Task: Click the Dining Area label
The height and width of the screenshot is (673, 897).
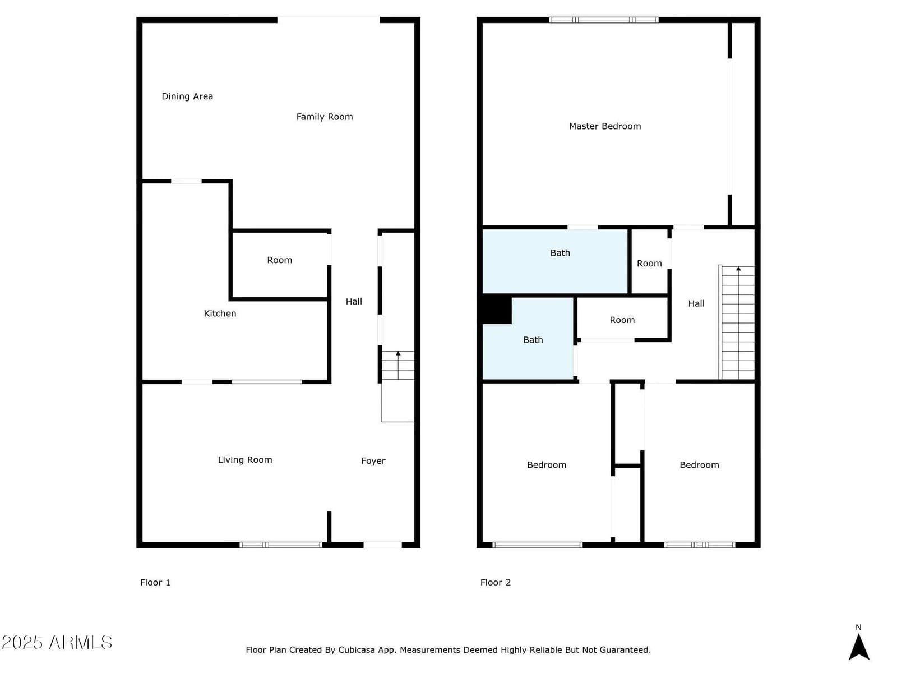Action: point(187,96)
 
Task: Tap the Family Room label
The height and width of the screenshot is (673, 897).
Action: point(325,117)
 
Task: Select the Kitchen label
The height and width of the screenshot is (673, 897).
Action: point(220,314)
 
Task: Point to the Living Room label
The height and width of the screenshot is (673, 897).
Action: point(245,460)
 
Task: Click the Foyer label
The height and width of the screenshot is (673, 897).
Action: point(373,461)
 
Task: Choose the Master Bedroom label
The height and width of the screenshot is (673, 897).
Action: point(605,126)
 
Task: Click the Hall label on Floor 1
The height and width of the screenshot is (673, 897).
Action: point(354,302)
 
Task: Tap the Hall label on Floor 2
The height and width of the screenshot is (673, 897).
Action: point(696,303)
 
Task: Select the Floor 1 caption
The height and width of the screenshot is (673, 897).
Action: point(155,582)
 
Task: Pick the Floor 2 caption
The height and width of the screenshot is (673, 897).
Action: point(495,582)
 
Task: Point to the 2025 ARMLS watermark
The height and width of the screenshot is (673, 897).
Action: point(57,642)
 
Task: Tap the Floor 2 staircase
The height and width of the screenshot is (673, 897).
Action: point(737,322)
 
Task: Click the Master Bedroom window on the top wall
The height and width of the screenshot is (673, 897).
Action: point(604,20)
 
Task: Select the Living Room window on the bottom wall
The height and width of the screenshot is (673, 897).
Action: point(281,545)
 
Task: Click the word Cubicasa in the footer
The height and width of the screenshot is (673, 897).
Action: point(357,649)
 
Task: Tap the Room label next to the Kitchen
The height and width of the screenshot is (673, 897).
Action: point(280,260)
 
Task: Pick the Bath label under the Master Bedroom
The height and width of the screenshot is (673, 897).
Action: point(560,253)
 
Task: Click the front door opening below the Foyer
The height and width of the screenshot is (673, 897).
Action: point(382,545)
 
